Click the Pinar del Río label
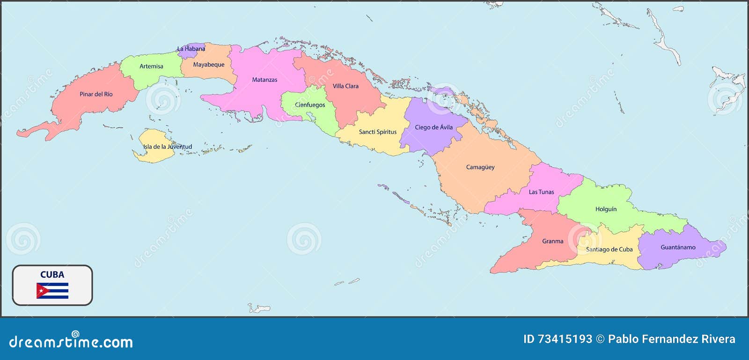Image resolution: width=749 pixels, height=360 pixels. click(96, 94)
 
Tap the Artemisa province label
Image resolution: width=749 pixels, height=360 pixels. click(151, 66)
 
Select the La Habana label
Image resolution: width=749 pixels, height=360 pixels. click(191, 49)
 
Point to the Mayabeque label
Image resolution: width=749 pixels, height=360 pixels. click(209, 65)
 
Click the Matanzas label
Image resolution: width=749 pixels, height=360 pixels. click(264, 80)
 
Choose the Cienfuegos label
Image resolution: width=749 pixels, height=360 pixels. click(310, 105)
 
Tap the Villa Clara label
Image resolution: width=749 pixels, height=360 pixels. click(345, 86)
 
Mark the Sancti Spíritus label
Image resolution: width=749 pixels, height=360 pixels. click(377, 132)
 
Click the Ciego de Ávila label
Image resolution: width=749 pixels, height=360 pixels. click(433, 127)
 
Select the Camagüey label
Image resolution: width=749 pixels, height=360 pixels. click(480, 167)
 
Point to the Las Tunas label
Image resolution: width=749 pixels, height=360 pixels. click(541, 192)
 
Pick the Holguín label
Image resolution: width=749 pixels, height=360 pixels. click(606, 209)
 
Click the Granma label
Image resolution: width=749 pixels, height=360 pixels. click(552, 242)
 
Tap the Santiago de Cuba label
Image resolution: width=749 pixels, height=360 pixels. click(609, 250)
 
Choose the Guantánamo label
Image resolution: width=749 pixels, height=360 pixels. click(678, 247)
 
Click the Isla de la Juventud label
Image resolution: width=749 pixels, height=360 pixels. click(168, 147)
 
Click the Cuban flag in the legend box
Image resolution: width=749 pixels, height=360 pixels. click(52, 291)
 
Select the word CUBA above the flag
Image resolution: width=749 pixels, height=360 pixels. click(52, 275)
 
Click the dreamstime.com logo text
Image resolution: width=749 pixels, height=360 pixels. click(71, 342)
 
